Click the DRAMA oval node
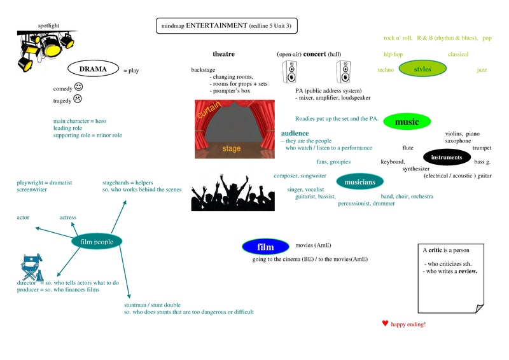click(94, 69)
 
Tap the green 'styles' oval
click(422, 69)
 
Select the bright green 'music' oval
click(407, 121)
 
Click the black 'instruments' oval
click(447, 157)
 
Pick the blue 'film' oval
click(265, 247)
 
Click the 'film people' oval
click(97, 242)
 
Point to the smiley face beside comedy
click(78, 87)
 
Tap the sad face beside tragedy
click(77, 99)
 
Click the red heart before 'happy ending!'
click(385, 324)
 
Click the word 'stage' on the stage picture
click(232, 149)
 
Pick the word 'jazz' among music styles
click(482, 70)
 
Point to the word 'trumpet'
click(482, 148)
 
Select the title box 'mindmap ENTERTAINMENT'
click(227, 26)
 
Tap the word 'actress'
click(68, 218)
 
